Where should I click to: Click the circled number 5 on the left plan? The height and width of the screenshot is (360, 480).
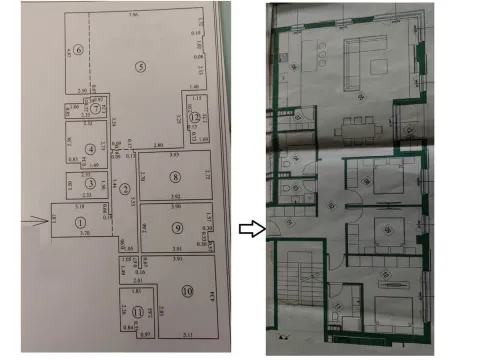[141, 66]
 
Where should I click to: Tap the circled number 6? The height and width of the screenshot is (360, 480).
[77, 51]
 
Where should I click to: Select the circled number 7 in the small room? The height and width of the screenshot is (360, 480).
[96, 109]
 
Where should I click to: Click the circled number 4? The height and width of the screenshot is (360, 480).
[90, 150]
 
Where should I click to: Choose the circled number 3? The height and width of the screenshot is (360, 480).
[90, 183]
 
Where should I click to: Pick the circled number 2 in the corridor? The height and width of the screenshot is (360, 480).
[126, 190]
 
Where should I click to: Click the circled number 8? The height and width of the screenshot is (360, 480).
[174, 177]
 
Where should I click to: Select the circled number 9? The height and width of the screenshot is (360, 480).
[176, 227]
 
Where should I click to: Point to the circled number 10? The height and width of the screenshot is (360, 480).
[187, 291]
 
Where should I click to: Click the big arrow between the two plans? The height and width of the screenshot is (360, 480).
[250, 229]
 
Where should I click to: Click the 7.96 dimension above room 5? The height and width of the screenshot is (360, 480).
[134, 18]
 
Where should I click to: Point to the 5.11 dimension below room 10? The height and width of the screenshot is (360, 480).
[188, 333]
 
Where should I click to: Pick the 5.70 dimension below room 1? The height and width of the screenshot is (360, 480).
[85, 233]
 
